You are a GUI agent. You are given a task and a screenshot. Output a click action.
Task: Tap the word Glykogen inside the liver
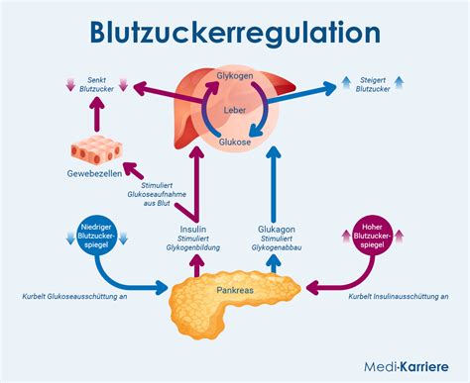click(234, 76)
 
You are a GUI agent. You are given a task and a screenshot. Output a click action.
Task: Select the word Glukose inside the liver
click(233, 143)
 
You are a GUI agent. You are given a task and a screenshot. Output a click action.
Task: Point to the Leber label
click(234, 108)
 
